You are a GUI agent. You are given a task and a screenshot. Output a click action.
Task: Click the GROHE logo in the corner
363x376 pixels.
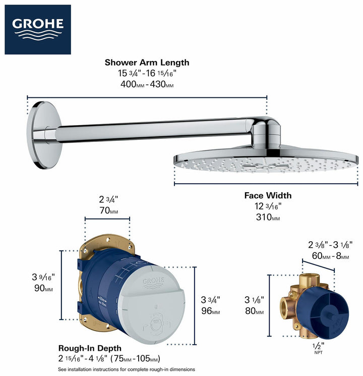[38, 29]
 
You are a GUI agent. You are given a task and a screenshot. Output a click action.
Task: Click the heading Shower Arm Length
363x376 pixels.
[147, 63]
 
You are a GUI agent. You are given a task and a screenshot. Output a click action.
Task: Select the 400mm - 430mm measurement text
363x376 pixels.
[147, 85]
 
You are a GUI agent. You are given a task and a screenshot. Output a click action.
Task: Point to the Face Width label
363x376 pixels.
[268, 195]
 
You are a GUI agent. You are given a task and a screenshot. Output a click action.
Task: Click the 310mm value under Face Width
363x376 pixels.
[268, 217]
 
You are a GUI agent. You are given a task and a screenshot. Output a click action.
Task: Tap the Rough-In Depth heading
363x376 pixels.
[90, 348]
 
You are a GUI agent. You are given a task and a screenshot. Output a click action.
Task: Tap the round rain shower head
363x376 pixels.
[266, 160]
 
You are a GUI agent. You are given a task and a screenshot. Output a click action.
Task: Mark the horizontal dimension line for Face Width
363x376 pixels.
[266, 184]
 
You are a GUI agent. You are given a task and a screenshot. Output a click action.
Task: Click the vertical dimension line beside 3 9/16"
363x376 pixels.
[62, 285]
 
